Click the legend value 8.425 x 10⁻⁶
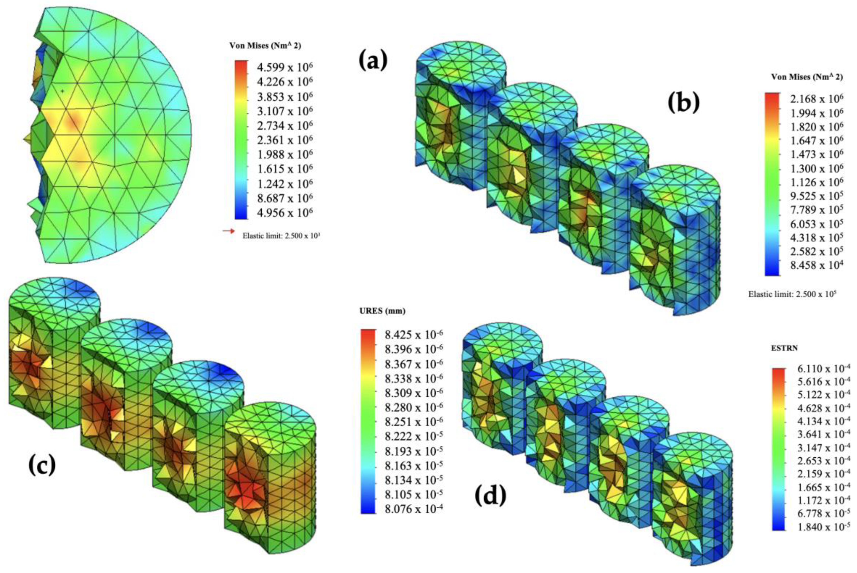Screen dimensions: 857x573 coord(414,335)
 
